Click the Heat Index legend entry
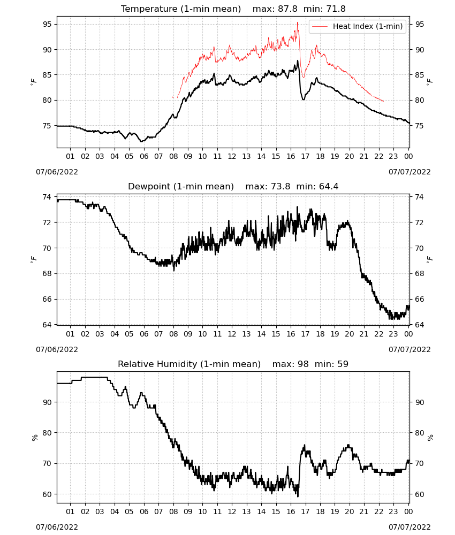[358, 26]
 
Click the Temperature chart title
[233, 9]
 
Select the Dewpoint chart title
[233, 186]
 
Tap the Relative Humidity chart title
[233, 364]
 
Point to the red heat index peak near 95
[297, 22]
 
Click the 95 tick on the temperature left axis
[47, 24]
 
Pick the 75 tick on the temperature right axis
[420, 126]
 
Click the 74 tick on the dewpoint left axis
[47, 197]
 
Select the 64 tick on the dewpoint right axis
[420, 325]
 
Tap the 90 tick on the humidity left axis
[47, 402]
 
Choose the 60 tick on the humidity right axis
[420, 494]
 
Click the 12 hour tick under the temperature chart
[232, 156]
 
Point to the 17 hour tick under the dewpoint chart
[305, 334]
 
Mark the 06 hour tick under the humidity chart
[144, 511]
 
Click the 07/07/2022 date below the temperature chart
[409, 172]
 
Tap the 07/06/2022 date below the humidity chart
[57, 527]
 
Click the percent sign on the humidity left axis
[34, 438]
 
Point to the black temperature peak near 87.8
[297, 61]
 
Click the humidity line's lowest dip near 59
[298, 496]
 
